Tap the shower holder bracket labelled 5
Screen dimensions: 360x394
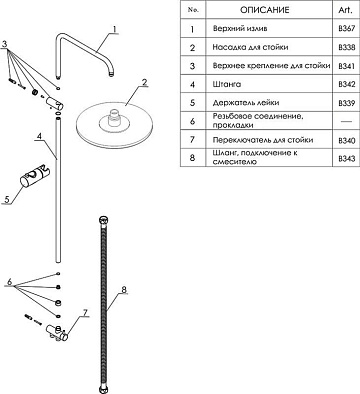coord(35,176)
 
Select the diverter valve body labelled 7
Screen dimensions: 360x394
coord(57,332)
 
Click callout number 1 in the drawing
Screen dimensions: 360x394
coord(114,29)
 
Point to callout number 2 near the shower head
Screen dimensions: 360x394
coord(144,82)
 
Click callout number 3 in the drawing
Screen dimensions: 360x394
coord(5,44)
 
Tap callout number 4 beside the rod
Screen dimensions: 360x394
coord(39,136)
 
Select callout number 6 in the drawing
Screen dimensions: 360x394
coord(10,282)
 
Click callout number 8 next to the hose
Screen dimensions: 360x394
coord(124,289)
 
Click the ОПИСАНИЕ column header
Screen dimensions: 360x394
coord(265,10)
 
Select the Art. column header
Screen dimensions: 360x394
coord(345,10)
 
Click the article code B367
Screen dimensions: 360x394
coord(347,29)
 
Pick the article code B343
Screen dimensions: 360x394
coord(347,159)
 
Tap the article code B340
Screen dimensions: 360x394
coord(347,141)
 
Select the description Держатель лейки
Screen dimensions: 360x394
coord(246,103)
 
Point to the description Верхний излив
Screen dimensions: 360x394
coord(240,29)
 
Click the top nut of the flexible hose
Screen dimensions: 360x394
coord(104,221)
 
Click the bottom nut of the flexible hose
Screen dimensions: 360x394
coord(104,389)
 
